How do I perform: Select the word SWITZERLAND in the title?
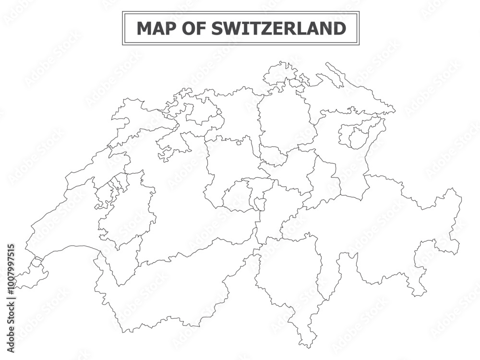tap(278, 28)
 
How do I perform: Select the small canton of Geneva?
tap(31, 276)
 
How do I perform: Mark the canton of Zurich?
tap(283, 120)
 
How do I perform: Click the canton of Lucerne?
tap(230, 163)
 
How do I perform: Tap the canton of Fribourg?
tap(127, 211)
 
